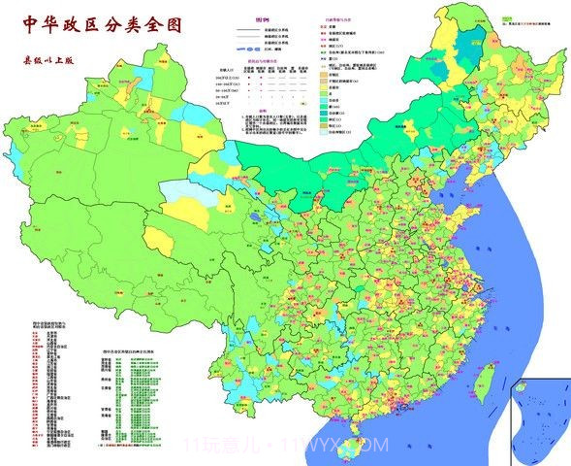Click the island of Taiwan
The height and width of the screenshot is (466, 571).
[482, 383]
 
